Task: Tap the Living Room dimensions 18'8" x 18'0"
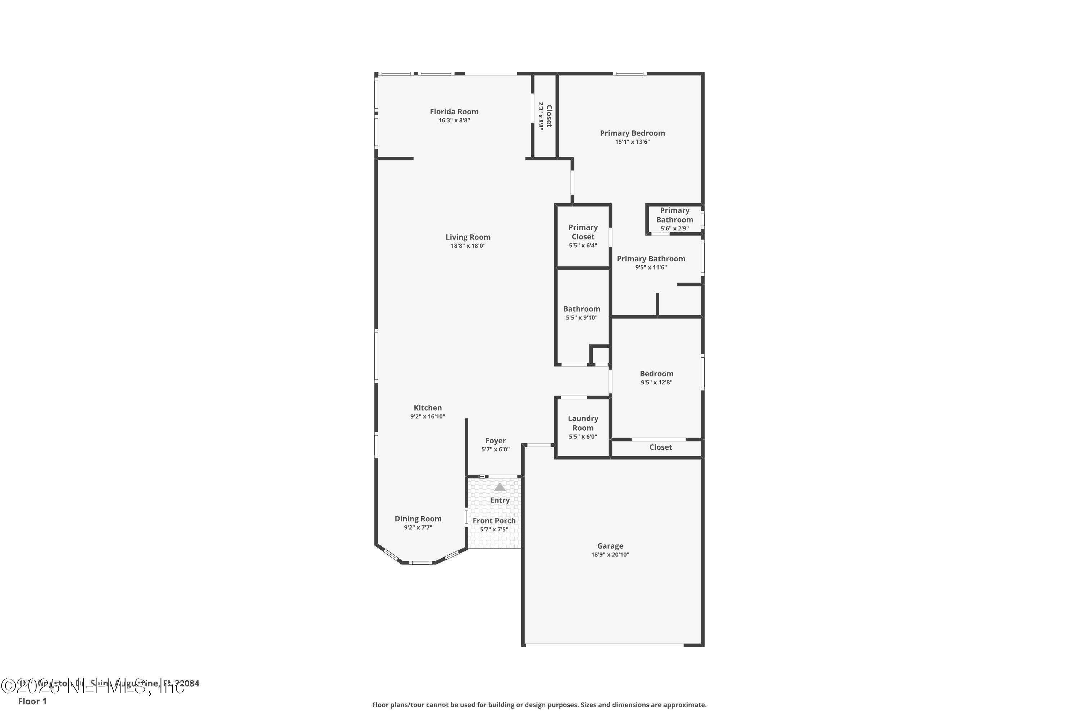coord(468,246)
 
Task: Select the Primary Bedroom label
coord(632,133)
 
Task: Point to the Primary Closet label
coord(583,232)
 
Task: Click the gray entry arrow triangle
coord(500,487)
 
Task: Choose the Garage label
coord(610,546)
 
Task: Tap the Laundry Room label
coord(583,423)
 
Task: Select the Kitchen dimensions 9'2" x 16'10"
coord(427,416)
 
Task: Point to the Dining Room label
coord(418,519)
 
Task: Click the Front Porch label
coord(494,521)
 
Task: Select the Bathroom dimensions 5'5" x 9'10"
coord(581,318)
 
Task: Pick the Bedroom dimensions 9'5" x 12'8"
coord(656,383)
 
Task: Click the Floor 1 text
coord(32,701)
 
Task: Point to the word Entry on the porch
coord(500,500)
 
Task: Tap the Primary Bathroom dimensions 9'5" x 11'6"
coord(651,268)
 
